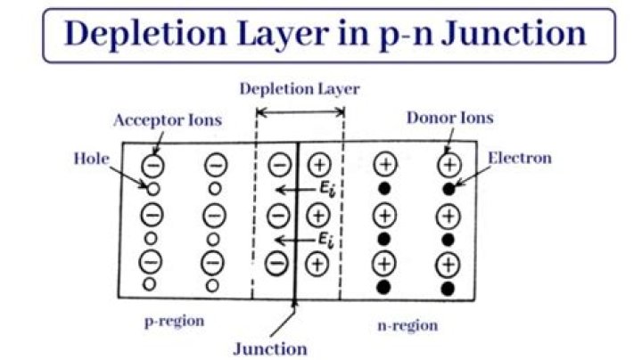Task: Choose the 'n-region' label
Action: [406, 324]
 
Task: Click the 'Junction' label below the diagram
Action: [270, 348]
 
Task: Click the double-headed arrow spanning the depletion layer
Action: [300, 111]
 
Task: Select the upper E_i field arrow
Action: [290, 190]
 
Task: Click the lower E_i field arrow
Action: [290, 240]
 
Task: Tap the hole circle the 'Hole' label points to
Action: [152, 188]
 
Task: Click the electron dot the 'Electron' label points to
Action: [449, 188]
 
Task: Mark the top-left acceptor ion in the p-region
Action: [152, 165]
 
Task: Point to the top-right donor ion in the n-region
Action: [449, 165]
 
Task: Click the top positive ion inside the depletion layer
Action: [318, 165]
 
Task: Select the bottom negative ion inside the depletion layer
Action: [279, 264]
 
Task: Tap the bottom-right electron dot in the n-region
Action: [449, 287]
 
